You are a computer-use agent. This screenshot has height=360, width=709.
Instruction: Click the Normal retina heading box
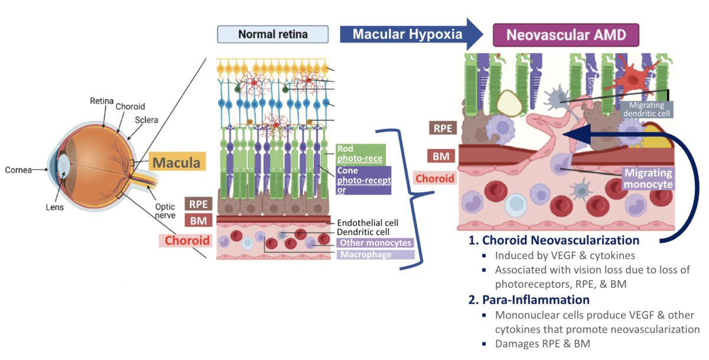(272, 34)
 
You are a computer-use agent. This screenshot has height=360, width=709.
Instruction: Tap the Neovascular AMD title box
(566, 35)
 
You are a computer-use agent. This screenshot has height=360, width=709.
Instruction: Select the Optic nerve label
(165, 212)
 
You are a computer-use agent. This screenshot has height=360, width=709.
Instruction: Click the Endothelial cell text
(367, 223)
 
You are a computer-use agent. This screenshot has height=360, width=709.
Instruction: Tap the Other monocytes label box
(373, 242)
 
